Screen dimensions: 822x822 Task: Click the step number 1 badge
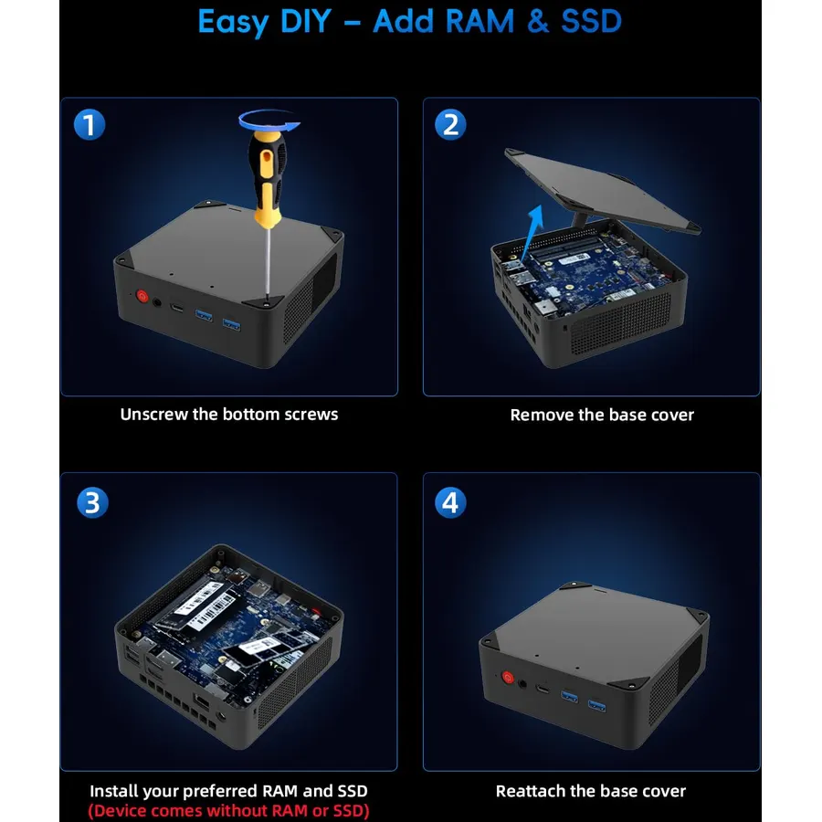click(90, 125)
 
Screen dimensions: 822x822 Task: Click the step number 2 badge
click(450, 125)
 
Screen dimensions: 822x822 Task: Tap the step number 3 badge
click(92, 502)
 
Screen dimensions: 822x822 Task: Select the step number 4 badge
click(450, 502)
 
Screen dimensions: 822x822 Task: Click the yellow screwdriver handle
click(268, 178)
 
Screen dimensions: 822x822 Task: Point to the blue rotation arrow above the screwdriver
click(269, 121)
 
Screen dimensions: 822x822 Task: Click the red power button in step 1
click(142, 296)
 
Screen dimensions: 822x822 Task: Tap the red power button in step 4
click(508, 677)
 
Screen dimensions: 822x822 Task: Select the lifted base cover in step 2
click(602, 190)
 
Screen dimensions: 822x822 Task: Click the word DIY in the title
click(306, 22)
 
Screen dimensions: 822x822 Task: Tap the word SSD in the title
click(591, 22)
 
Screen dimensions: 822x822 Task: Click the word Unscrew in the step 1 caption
click(154, 414)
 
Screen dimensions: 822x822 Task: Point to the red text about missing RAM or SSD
click(228, 810)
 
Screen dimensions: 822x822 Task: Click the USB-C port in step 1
click(177, 307)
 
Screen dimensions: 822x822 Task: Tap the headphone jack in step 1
click(157, 302)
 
